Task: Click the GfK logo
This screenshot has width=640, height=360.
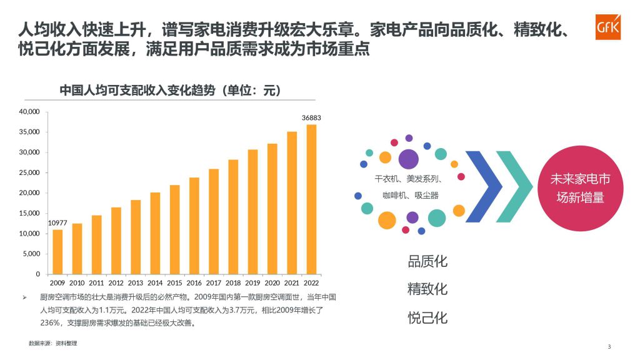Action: pyautogui.click(x=607, y=27)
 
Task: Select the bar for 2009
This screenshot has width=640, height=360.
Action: pyautogui.click(x=57, y=252)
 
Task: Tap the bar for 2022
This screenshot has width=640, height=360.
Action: pyautogui.click(x=311, y=199)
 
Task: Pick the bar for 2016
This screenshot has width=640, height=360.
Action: pyautogui.click(x=194, y=226)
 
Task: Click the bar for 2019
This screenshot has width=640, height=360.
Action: pyautogui.click(x=252, y=212)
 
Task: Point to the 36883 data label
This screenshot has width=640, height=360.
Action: pyautogui.click(x=311, y=117)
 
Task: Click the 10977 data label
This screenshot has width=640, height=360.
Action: pyautogui.click(x=57, y=223)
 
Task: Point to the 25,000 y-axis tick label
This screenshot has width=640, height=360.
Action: pyautogui.click(x=29, y=172)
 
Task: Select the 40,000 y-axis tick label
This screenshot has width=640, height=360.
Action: pyautogui.click(x=29, y=111)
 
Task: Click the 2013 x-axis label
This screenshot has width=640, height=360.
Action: pyautogui.click(x=136, y=282)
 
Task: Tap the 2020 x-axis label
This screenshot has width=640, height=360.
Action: pyautogui.click(x=272, y=282)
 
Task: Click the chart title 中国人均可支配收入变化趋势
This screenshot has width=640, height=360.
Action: pyautogui.click(x=137, y=90)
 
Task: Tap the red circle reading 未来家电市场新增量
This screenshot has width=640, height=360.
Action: pyautogui.click(x=581, y=188)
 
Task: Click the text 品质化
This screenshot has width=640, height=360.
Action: pyautogui.click(x=427, y=261)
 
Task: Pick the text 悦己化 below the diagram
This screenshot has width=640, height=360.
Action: pyautogui.click(x=427, y=317)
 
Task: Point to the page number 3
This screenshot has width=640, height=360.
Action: pyautogui.click(x=609, y=346)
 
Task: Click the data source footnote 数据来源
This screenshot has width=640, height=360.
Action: pyautogui.click(x=52, y=343)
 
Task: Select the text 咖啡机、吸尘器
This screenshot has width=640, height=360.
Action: pyautogui.click(x=410, y=196)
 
